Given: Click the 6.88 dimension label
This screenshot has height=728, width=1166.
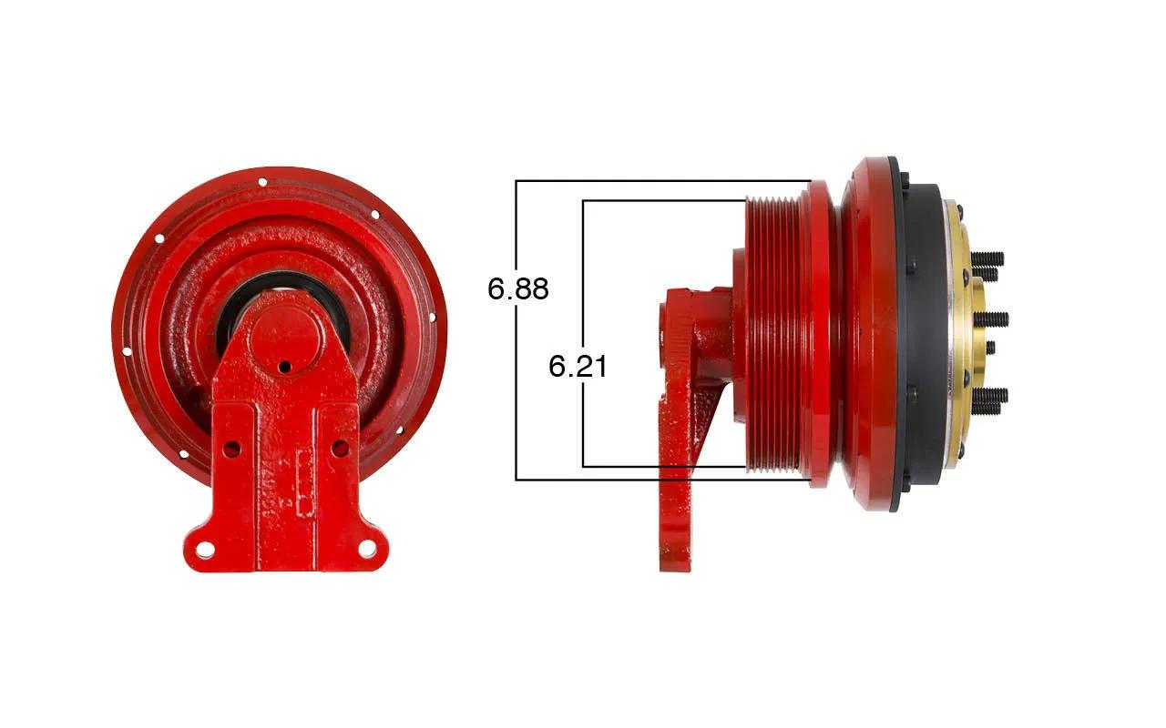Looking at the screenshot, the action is pos(518,288).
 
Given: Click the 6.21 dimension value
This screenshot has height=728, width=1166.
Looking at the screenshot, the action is pos(578,366).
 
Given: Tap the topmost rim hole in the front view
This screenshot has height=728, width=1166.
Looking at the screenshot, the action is pos(262,182).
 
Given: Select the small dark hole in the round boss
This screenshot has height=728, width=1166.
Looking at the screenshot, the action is pos(284,367).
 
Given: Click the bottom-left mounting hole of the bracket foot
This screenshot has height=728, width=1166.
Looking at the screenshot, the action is pos(204,548).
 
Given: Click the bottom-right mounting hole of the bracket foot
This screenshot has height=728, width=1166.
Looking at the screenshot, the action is pos(367,548).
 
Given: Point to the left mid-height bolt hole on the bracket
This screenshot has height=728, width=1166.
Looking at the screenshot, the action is pos(231,449).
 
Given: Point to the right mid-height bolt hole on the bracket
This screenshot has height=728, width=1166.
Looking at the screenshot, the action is pos(340,448).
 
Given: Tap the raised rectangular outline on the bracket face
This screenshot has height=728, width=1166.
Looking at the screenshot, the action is pos(305,483).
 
